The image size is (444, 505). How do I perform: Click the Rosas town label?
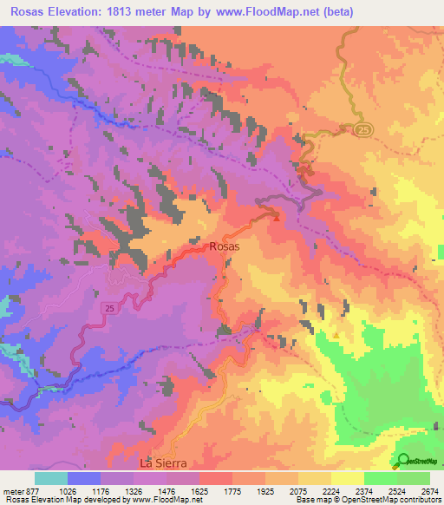coord(224,246)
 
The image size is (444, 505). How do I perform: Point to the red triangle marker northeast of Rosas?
coord(277,218)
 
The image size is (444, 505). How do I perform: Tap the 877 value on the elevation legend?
coord(33,490)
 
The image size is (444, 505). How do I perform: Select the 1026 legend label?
coord(69,490)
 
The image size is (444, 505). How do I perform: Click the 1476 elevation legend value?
coord(166,490)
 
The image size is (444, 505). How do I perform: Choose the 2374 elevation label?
coord(363,490)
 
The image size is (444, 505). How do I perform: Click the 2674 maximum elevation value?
coord(428,490)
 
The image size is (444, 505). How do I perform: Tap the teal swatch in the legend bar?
coord(51,478)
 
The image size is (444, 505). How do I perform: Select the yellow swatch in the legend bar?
coord(347,478)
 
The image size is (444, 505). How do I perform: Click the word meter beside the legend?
coord(13,490)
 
